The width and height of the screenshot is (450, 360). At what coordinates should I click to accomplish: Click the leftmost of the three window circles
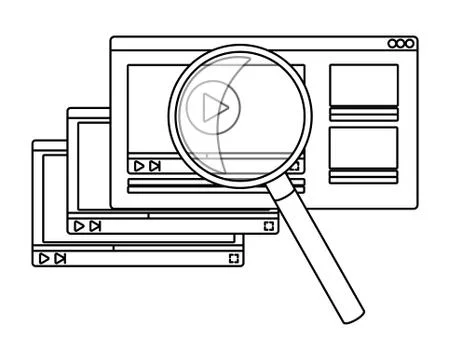[x=393, y=44]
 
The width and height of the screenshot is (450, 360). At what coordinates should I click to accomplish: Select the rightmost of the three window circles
[x=409, y=44]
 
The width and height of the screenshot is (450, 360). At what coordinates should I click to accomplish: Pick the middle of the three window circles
[x=401, y=44]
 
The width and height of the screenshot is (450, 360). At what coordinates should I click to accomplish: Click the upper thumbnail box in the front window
[x=363, y=85]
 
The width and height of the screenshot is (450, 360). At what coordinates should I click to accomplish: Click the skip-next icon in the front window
[x=155, y=165]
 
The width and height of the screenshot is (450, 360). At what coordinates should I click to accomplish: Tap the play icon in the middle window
[x=79, y=227]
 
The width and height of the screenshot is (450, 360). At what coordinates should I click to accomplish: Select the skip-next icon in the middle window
[x=95, y=227]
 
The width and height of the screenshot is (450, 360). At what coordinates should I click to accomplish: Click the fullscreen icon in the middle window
[x=268, y=227]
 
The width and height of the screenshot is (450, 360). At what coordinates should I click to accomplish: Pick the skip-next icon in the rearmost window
[x=61, y=258]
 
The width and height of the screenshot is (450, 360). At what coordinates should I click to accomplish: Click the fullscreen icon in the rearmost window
[x=233, y=258]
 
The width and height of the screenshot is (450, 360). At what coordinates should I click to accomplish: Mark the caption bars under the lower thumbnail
[x=363, y=176]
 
